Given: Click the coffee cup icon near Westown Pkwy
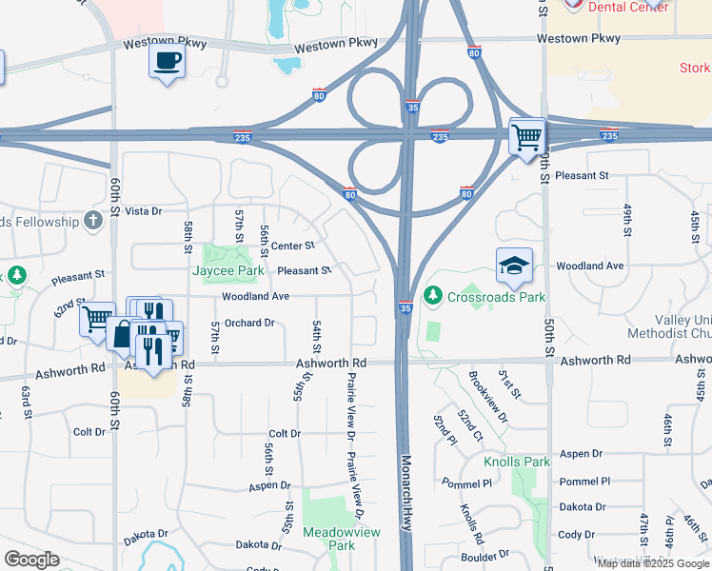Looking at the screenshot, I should point(168,61).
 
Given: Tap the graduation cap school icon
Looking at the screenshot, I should point(514,266).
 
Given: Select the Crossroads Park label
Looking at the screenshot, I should point(498,297).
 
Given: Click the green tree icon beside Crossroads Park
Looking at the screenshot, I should point(434,297).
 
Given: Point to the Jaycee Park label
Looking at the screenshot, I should point(227,271).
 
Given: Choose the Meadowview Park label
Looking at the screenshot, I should point(328,539).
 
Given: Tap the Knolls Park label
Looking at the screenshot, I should point(517,462).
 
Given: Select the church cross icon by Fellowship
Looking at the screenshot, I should point(92,221).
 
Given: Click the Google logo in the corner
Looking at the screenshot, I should point(32,559).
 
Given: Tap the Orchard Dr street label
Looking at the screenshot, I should point(249,324).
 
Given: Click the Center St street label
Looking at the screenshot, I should point(286,246).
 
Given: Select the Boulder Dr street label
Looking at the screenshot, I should point(484,556).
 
